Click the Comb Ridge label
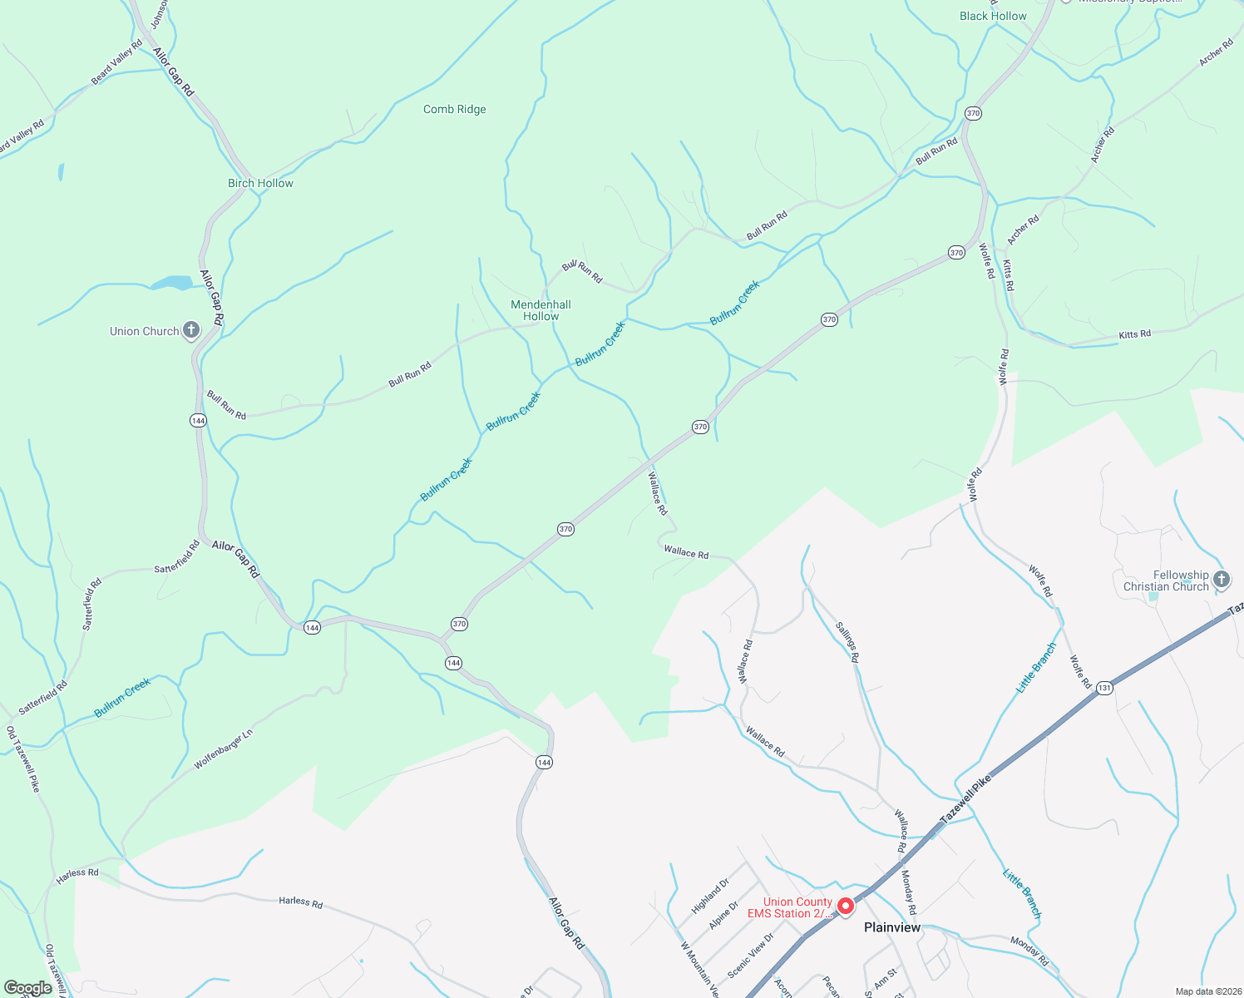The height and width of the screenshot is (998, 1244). point(454,109)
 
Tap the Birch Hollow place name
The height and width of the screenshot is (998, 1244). point(260,183)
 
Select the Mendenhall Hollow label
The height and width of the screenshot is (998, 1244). point(541,310)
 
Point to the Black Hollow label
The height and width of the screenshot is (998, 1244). point(993,16)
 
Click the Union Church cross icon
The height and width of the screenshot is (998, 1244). point(191,330)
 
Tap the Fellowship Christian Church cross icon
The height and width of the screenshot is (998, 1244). point(1221,580)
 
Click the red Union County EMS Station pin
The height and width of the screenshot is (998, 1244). point(846,906)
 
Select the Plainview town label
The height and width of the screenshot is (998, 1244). point(892,927)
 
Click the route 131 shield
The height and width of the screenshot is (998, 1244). point(1104,688)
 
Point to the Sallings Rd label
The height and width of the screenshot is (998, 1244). point(847,641)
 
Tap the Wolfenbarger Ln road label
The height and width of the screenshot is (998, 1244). point(223,749)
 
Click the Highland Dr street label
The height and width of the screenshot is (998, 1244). point(710,895)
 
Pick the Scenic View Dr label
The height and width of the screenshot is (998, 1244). point(750,955)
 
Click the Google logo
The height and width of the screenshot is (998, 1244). point(27,988)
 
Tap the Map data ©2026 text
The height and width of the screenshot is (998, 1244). point(1207,991)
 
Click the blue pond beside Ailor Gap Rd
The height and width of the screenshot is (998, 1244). point(172,283)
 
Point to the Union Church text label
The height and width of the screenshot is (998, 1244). point(144,331)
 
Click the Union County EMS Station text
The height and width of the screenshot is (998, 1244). point(790,907)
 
